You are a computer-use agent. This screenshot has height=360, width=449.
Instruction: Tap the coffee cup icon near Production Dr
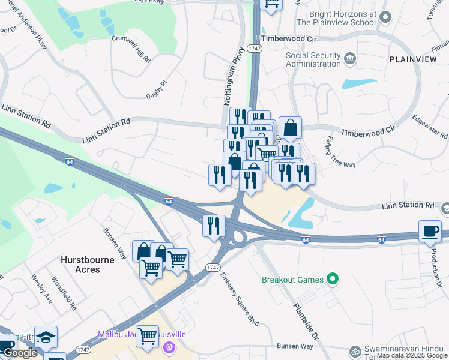tap(430, 232)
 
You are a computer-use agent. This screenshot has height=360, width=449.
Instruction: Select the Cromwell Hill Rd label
tap(131, 47)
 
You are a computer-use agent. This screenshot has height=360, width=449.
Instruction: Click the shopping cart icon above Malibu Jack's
tap(147, 336)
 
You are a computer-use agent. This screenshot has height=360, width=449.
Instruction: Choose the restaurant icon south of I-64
tap(214, 226)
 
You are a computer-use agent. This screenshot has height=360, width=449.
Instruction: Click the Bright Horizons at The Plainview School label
tap(336, 17)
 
